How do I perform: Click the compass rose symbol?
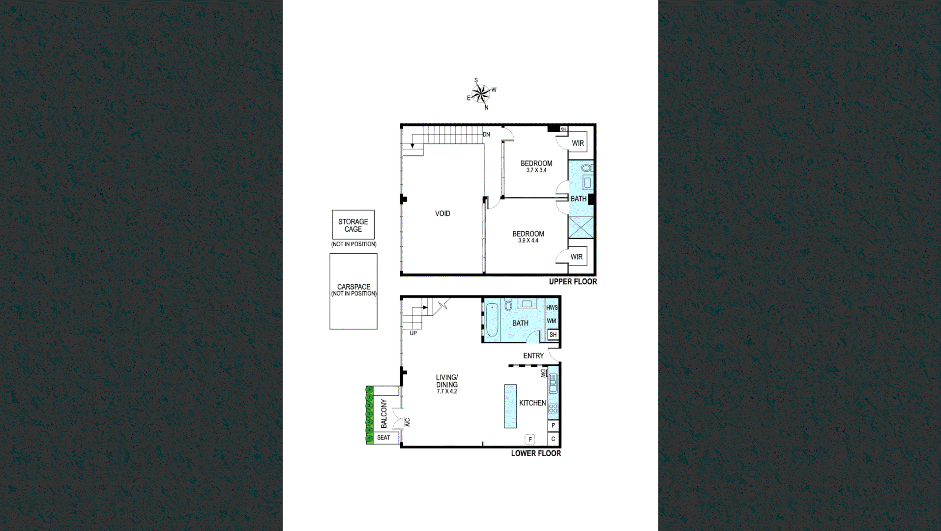click(x=481, y=93)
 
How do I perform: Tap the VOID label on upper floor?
click(x=442, y=213)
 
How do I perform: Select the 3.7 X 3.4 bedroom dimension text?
click(x=536, y=170)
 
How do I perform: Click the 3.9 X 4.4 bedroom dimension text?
click(x=528, y=240)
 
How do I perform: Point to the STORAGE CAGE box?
click(x=353, y=225)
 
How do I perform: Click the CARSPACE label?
click(x=353, y=287)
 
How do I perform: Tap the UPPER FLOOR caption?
click(x=573, y=282)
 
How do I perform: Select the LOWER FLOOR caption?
click(x=536, y=453)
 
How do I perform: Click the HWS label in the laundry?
click(x=552, y=308)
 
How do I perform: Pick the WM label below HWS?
click(x=552, y=321)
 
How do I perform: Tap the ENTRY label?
click(x=533, y=355)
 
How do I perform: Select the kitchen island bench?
click(x=510, y=406)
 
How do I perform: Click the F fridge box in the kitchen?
click(x=530, y=439)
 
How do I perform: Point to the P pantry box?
click(x=554, y=425)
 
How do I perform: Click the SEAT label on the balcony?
click(x=383, y=438)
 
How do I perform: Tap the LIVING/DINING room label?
click(x=446, y=381)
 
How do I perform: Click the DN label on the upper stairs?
click(x=486, y=134)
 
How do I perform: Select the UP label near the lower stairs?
click(x=413, y=333)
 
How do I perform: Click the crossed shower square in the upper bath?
click(x=581, y=228)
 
